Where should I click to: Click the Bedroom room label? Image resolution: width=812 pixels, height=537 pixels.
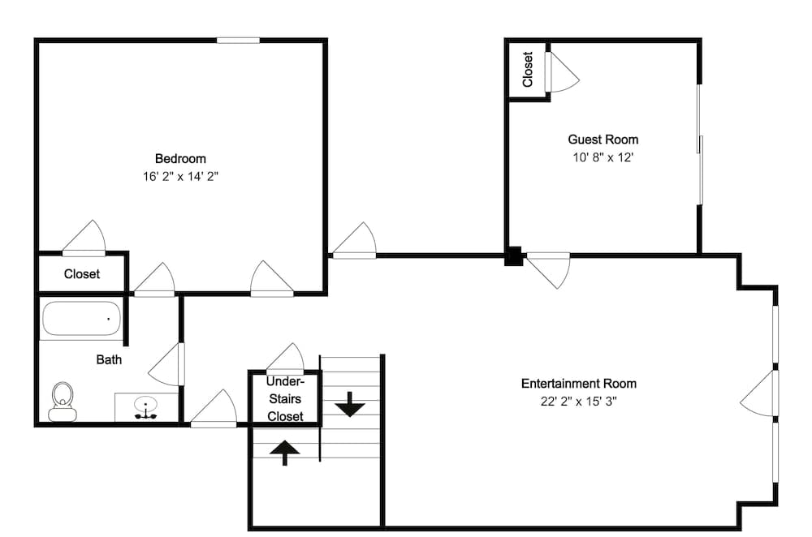pyautogui.click(x=180, y=158)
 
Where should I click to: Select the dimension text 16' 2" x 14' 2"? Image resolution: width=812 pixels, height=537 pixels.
pyautogui.click(x=180, y=175)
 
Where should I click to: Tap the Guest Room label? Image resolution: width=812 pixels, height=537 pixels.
pyautogui.click(x=603, y=140)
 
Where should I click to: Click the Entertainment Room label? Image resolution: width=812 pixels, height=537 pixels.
pyautogui.click(x=579, y=383)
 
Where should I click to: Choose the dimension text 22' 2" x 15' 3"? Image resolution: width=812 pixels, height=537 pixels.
pyautogui.click(x=579, y=401)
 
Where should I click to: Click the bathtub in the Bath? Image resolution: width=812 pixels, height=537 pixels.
pyautogui.click(x=81, y=319)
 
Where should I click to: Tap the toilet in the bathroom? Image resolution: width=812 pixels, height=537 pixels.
pyautogui.click(x=63, y=400)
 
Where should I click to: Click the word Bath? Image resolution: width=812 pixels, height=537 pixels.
pyautogui.click(x=109, y=359)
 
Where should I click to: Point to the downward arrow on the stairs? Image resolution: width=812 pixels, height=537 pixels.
pyautogui.click(x=350, y=403)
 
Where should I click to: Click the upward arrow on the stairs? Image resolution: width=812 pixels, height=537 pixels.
pyautogui.click(x=284, y=452)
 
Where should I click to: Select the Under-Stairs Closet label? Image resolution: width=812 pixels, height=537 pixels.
pyautogui.click(x=284, y=398)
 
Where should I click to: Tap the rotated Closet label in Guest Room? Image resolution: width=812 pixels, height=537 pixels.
pyautogui.click(x=527, y=70)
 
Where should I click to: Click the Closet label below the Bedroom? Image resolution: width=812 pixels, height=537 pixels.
pyautogui.click(x=82, y=274)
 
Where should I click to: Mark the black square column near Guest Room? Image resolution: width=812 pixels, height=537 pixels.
pyautogui.click(x=513, y=256)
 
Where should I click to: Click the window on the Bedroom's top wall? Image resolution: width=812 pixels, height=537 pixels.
pyautogui.click(x=238, y=40)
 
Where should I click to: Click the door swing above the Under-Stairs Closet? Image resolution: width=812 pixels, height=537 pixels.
pyautogui.click(x=285, y=358)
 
